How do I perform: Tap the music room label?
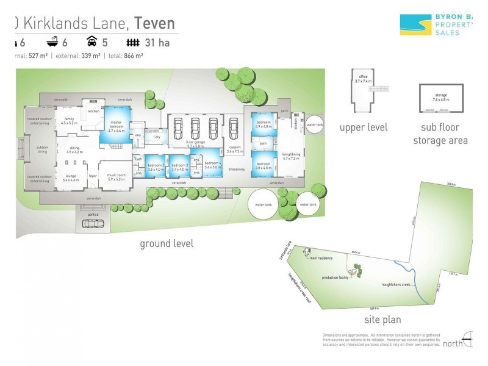tap(116, 177)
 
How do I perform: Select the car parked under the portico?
tap(93, 223)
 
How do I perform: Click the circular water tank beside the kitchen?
tap(315, 125)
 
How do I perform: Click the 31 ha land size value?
tap(153, 43)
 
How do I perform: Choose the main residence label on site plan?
tap(321, 258)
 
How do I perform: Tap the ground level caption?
tap(167, 243)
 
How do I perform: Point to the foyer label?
tap(93, 177)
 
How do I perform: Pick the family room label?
tap(68, 120)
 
